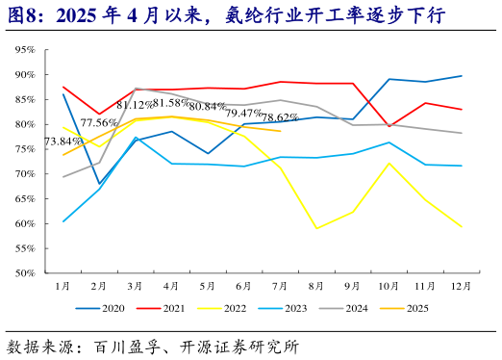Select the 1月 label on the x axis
tap(63, 286)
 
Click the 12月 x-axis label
tap(461, 286)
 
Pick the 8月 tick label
tap(316, 286)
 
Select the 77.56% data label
tap(98, 123)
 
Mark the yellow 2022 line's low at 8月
tap(316, 228)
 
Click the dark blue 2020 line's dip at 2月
tap(99, 183)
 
